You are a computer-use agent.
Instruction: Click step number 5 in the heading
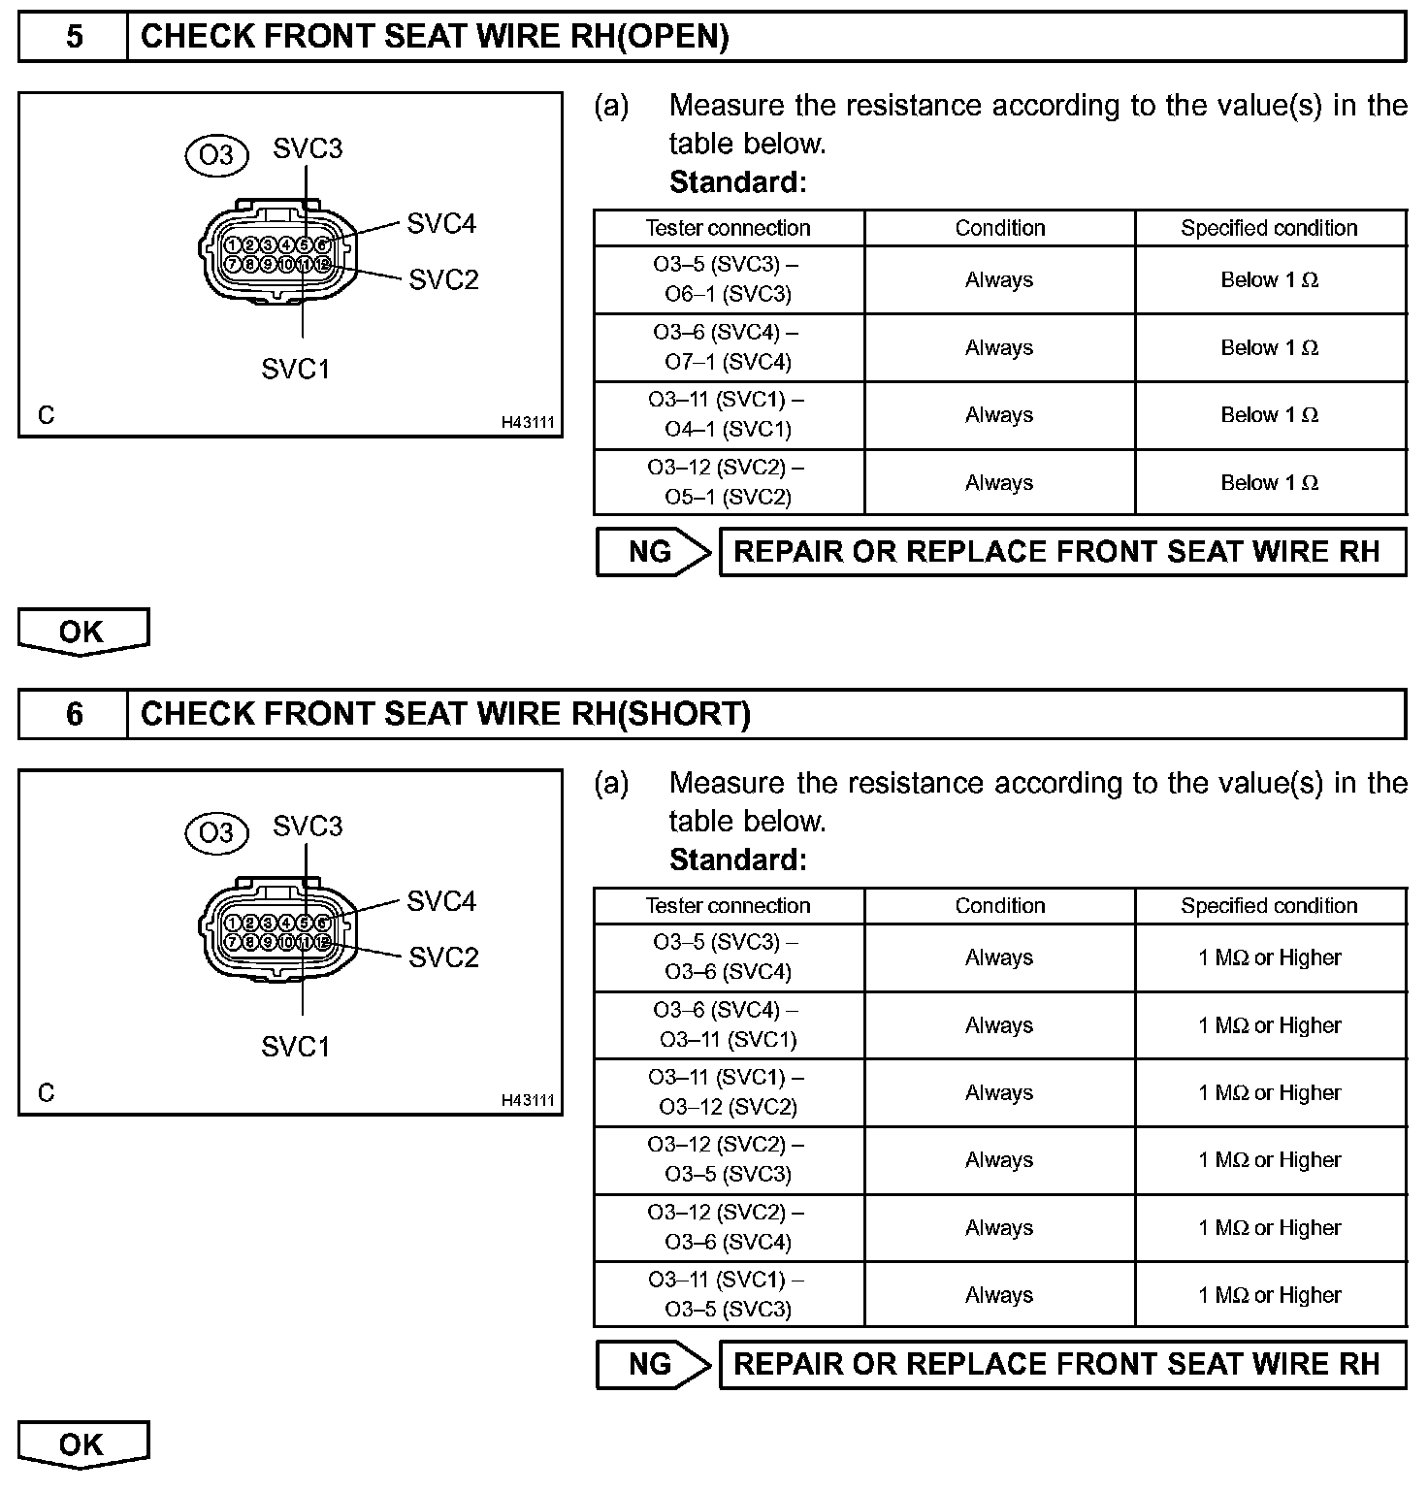(x=74, y=37)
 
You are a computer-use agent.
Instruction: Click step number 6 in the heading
(x=74, y=714)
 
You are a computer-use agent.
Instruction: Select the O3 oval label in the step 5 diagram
(x=216, y=155)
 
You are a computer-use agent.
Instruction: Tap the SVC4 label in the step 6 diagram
(x=441, y=901)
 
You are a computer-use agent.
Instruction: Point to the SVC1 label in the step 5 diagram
(x=296, y=369)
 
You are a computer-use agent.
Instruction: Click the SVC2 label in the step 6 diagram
(x=443, y=957)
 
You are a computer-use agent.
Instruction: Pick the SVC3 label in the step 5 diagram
(x=308, y=148)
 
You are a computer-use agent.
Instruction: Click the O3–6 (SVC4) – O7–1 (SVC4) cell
(x=728, y=347)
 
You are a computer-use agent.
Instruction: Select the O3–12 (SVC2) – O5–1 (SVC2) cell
(x=728, y=482)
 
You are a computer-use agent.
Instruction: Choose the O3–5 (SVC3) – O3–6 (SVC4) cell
(x=728, y=957)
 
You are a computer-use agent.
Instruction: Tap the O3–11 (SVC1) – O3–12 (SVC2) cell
(x=728, y=1092)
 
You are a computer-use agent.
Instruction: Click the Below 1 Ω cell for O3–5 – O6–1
(x=1269, y=279)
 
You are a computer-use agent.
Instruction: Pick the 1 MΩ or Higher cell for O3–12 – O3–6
(x=1269, y=1227)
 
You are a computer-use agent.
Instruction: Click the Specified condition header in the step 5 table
(x=1269, y=228)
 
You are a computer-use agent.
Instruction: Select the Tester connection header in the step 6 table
(x=728, y=905)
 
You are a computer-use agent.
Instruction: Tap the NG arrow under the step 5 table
(x=653, y=552)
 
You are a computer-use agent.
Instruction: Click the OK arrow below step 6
(x=82, y=1444)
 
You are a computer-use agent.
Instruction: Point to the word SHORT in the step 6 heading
(x=683, y=714)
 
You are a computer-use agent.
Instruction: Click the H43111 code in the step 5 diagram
(x=528, y=423)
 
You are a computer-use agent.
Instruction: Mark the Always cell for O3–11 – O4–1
(x=999, y=414)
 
